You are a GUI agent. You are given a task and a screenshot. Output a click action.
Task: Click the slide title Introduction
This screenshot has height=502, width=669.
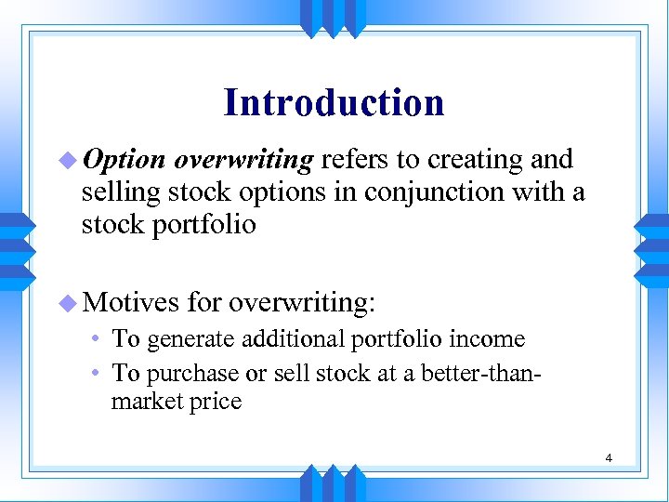334,102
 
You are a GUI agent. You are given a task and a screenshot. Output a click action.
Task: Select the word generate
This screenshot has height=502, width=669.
191,340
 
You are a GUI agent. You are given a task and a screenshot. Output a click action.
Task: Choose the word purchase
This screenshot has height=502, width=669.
192,373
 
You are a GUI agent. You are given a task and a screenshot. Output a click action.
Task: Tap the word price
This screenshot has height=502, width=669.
216,402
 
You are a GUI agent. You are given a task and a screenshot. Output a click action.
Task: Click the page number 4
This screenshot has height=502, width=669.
608,457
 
